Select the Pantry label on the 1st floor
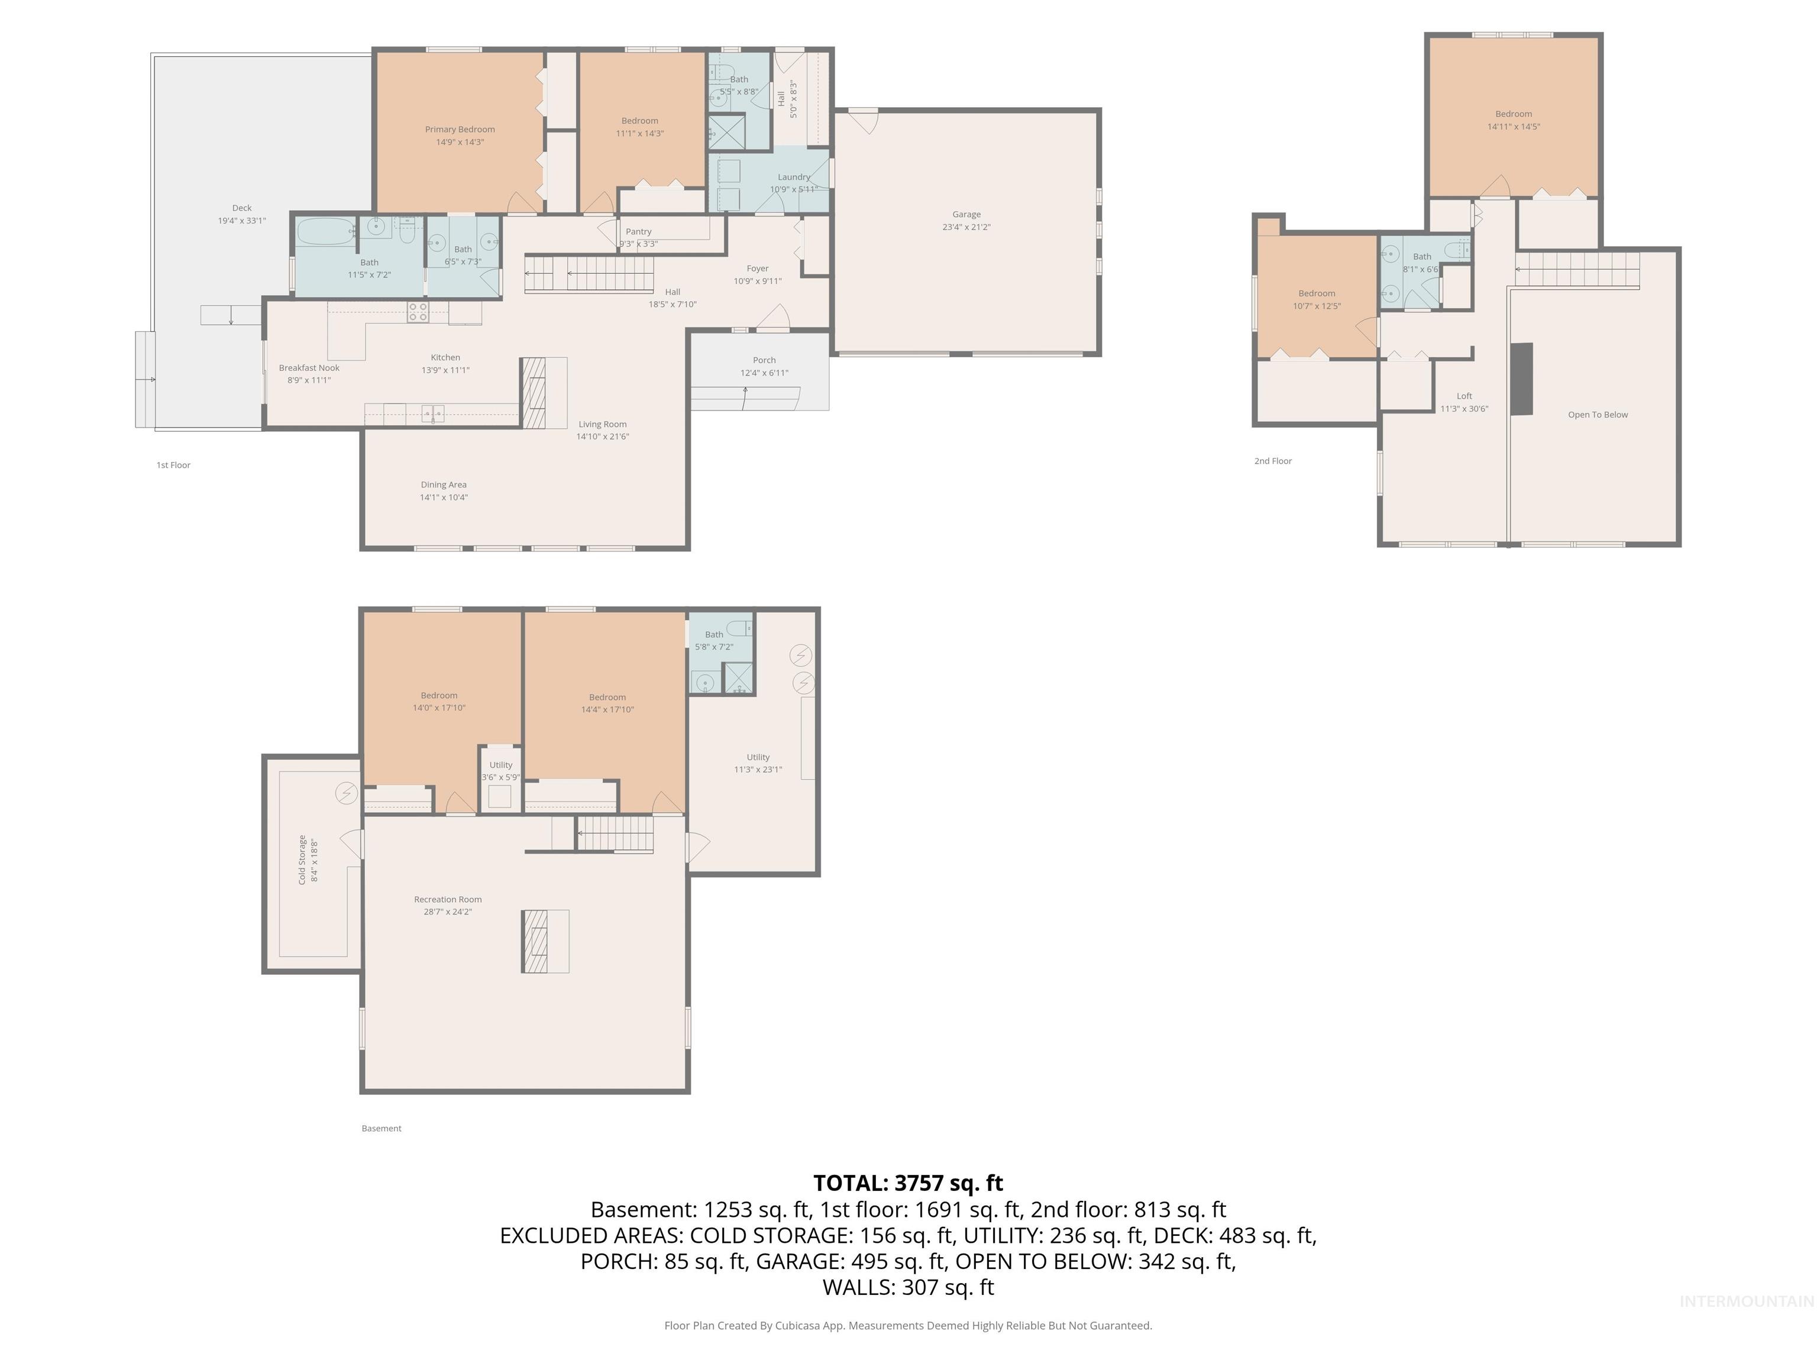[x=638, y=232]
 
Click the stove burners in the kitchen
[x=418, y=311]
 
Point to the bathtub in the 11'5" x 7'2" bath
[x=325, y=232]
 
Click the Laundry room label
[x=794, y=177]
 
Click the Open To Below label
[x=1597, y=415]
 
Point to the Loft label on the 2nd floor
[x=1464, y=396]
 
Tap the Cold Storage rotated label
[x=302, y=860]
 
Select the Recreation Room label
[x=448, y=900]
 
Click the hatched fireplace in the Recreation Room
[x=534, y=942]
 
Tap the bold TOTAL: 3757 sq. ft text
[x=908, y=1183]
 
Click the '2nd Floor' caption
[x=1272, y=461]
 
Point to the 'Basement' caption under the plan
[x=381, y=1129]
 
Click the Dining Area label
[x=444, y=485]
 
